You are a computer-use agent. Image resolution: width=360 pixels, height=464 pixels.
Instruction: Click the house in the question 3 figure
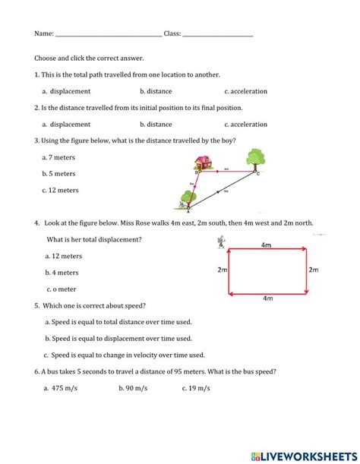[203, 162]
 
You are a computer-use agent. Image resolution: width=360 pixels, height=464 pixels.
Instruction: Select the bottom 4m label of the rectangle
[267, 298]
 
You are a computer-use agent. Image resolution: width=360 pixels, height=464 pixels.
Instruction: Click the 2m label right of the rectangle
[314, 270]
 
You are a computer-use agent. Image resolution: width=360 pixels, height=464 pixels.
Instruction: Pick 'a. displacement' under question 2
[66, 125]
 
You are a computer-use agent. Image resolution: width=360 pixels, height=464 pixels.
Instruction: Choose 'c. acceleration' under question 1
[238, 91]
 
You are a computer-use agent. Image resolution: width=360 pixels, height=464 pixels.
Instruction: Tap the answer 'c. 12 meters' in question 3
[62, 191]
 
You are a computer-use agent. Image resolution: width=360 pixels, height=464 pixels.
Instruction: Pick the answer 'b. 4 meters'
[62, 273]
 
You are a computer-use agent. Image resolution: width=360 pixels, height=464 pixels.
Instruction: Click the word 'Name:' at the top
[43, 34]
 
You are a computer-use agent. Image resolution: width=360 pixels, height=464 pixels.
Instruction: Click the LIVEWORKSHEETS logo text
[304, 453]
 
